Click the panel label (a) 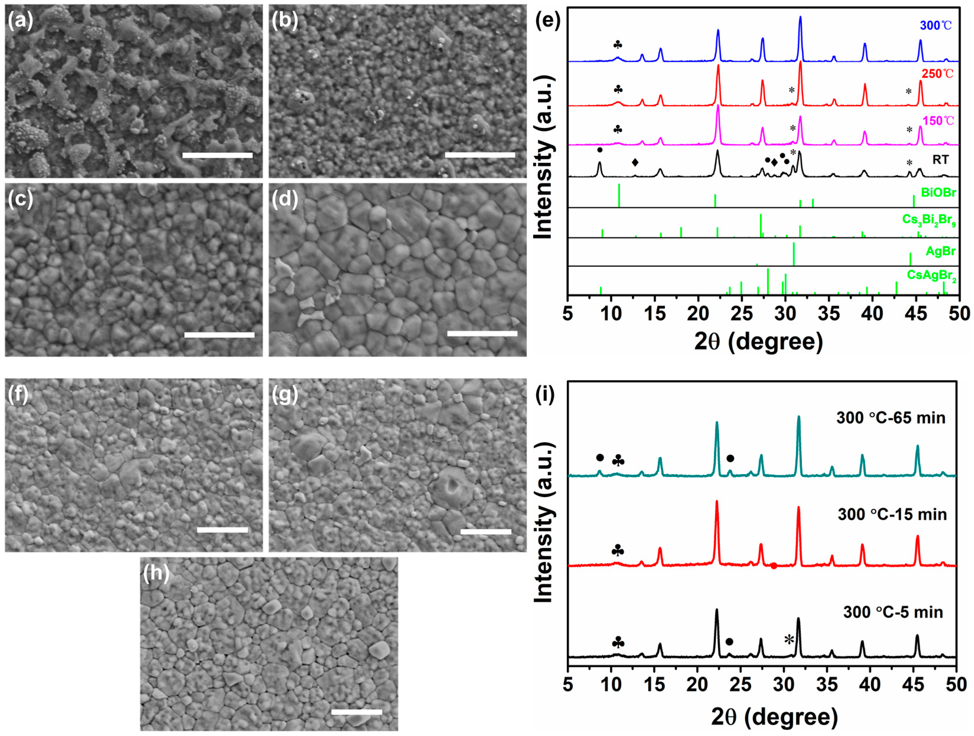point(20,21)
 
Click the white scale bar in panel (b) point(480,155)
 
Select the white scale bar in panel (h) point(357,712)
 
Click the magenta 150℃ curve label point(938,121)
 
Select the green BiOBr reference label point(938,193)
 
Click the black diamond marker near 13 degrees point(635,162)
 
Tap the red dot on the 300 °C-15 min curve point(774,566)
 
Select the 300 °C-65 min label point(890,417)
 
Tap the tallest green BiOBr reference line point(619,195)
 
